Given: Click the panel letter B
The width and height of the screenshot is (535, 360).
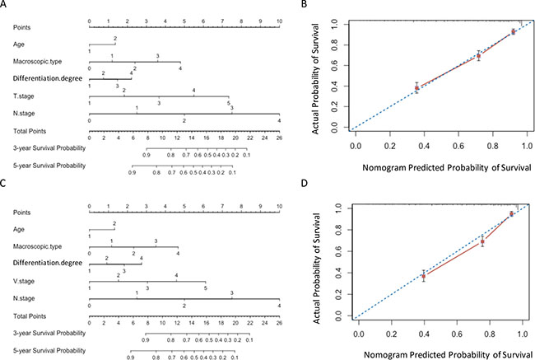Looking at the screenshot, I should click(304, 4).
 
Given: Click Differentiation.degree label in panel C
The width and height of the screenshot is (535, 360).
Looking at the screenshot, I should click(44, 262).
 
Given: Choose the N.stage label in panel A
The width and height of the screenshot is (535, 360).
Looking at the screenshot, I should click(22, 113).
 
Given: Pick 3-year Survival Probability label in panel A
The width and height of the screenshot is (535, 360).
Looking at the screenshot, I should click(47, 147).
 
